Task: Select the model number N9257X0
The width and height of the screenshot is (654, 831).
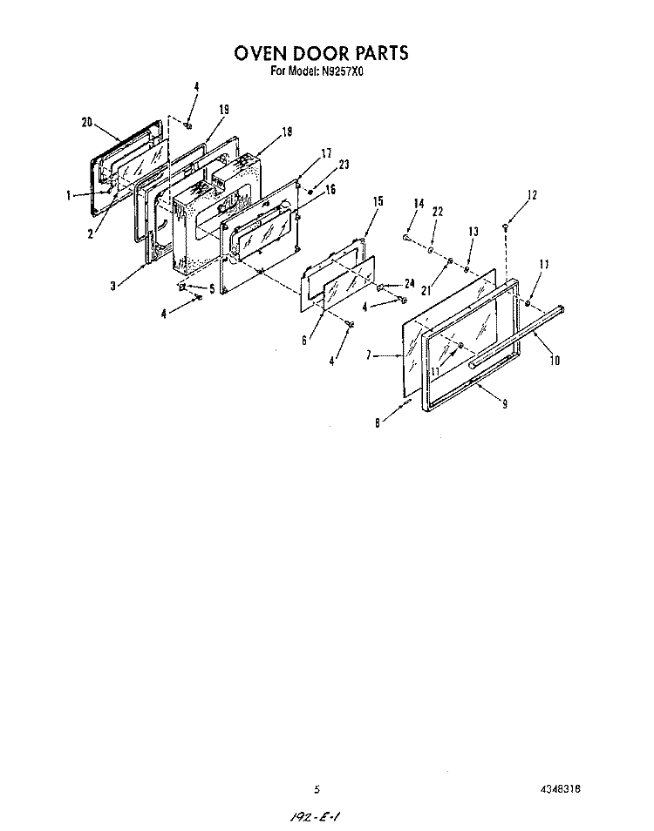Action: (x=342, y=71)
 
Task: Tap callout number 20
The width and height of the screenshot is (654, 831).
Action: (x=87, y=123)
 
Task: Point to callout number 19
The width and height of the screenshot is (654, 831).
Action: (x=224, y=109)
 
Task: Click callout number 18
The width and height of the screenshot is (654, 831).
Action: (x=287, y=132)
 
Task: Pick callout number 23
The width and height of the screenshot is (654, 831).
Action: (x=344, y=165)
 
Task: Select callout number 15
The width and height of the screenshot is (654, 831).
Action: (x=378, y=201)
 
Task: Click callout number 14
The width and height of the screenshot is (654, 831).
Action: (x=419, y=204)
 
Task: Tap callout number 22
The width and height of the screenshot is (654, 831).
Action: (x=437, y=212)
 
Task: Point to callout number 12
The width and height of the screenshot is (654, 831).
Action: (x=532, y=195)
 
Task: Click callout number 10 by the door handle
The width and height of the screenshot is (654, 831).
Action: (x=555, y=361)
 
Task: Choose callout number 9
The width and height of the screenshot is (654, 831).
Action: (x=504, y=404)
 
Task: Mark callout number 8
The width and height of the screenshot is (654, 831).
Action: (x=377, y=423)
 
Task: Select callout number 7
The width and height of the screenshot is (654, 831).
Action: (x=368, y=355)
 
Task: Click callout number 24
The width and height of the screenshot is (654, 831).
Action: (x=409, y=284)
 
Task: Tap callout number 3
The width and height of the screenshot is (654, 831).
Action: (x=113, y=287)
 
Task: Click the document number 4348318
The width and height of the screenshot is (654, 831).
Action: (x=560, y=789)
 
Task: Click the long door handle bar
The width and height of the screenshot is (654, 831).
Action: (x=516, y=336)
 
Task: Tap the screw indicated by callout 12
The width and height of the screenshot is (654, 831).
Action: (x=505, y=227)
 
